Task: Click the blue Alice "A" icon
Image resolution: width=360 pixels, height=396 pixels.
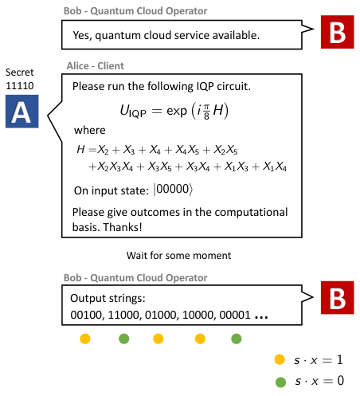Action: pyautogui.click(x=22, y=112)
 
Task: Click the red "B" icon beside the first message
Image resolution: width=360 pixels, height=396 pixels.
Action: pyautogui.click(x=337, y=32)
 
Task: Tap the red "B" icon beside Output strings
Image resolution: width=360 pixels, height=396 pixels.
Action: pyautogui.click(x=337, y=297)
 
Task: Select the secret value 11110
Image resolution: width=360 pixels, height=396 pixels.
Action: pyautogui.click(x=20, y=86)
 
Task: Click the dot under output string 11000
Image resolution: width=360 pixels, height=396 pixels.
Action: pyautogui.click(x=123, y=339)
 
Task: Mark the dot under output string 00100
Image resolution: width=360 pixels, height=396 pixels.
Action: pyautogui.click(x=85, y=339)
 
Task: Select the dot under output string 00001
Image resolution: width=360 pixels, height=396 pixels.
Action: pyautogui.click(x=237, y=339)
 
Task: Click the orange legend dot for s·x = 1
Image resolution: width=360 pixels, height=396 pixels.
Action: pyautogui.click(x=280, y=359)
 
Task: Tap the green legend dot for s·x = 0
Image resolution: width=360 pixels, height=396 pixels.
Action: pyautogui.click(x=280, y=382)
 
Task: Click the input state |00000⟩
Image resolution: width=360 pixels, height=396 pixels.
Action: pyautogui.click(x=173, y=190)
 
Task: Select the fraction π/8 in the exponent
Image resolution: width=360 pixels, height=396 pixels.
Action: pyautogui.click(x=206, y=112)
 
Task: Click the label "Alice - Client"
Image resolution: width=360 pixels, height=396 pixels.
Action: pyautogui.click(x=96, y=66)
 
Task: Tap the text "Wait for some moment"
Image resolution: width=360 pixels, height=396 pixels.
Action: pyautogui.click(x=178, y=256)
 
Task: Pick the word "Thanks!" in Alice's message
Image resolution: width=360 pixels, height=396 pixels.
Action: pyautogui.click(x=123, y=227)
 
